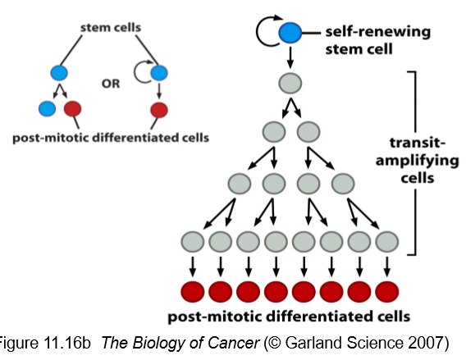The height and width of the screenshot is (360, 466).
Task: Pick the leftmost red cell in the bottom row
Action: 194,291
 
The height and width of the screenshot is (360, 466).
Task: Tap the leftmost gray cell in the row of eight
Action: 194,242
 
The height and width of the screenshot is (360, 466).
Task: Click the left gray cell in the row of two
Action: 274,131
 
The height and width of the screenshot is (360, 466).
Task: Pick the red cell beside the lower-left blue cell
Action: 73,108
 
